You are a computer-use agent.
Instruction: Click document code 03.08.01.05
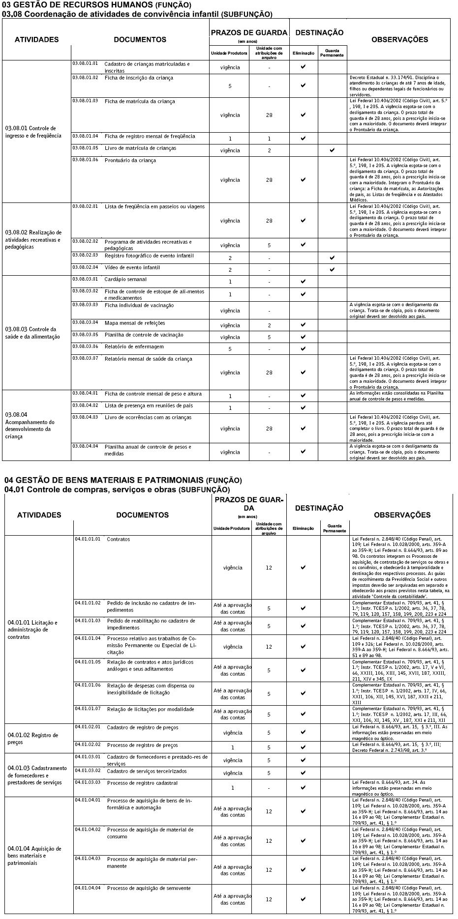coord(85,148)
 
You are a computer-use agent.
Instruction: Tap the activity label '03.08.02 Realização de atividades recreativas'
coord(33,239)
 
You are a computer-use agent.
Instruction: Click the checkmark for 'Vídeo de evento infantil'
coord(333,269)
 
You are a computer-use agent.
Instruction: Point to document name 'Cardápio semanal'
coord(125,279)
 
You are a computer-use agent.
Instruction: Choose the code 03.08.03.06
coord(85,346)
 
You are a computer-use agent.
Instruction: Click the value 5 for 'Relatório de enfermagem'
coord(230,349)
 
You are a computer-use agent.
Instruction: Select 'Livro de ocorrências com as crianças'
coord(148,417)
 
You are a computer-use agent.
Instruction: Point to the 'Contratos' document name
coord(118,539)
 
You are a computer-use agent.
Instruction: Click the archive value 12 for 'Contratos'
coord(269,568)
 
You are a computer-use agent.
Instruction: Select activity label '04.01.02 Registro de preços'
coord(33,739)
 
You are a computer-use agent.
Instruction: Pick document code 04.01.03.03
coord(88,782)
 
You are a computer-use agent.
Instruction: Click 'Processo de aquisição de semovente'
coord(149,888)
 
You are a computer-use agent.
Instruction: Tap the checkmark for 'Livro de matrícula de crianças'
coord(333,149)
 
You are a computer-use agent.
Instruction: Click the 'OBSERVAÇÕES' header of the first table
coord(399,40)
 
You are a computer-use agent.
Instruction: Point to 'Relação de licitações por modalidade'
coord(151,709)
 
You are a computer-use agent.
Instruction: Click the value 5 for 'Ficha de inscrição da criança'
coord(230,86)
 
